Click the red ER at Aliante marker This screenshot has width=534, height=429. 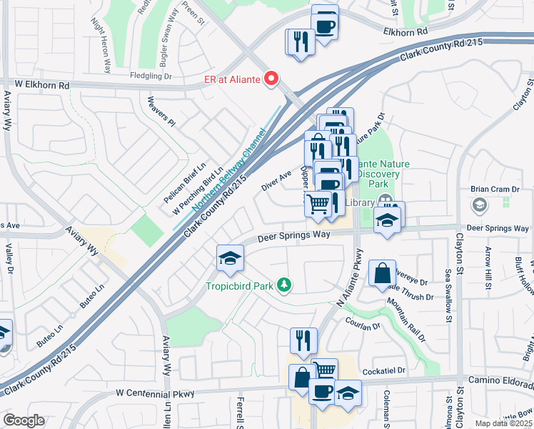[271, 79]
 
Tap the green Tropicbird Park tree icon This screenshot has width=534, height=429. [285, 285]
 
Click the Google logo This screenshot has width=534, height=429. [24, 420]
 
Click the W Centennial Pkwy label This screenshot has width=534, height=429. [156, 393]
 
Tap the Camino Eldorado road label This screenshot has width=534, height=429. [499, 382]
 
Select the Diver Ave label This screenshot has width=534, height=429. [276, 180]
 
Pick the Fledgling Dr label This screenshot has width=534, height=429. [151, 75]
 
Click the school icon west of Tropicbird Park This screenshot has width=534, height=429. [231, 257]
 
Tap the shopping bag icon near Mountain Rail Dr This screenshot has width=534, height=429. [382, 272]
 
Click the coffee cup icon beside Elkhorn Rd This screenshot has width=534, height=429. [325, 24]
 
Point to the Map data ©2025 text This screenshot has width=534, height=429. [503, 423]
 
